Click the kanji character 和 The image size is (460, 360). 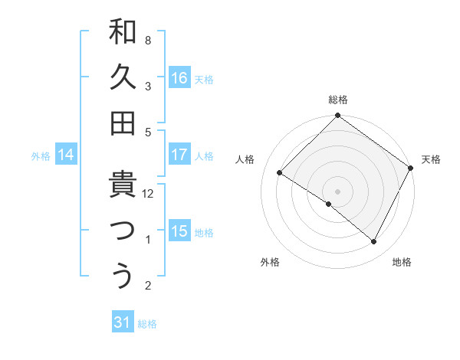(123, 33)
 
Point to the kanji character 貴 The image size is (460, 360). (123, 186)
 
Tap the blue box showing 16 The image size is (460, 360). (179, 77)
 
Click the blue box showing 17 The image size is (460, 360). (179, 155)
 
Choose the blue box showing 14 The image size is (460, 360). (66, 155)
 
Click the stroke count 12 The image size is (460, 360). (149, 194)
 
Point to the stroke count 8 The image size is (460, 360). (148, 39)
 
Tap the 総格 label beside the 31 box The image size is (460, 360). (147, 324)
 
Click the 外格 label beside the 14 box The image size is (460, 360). (41, 156)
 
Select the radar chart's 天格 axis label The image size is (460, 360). (431, 159)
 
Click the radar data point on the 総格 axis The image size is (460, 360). (337, 117)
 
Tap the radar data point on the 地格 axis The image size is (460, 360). (374, 242)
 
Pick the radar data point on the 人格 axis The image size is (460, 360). (280, 172)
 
